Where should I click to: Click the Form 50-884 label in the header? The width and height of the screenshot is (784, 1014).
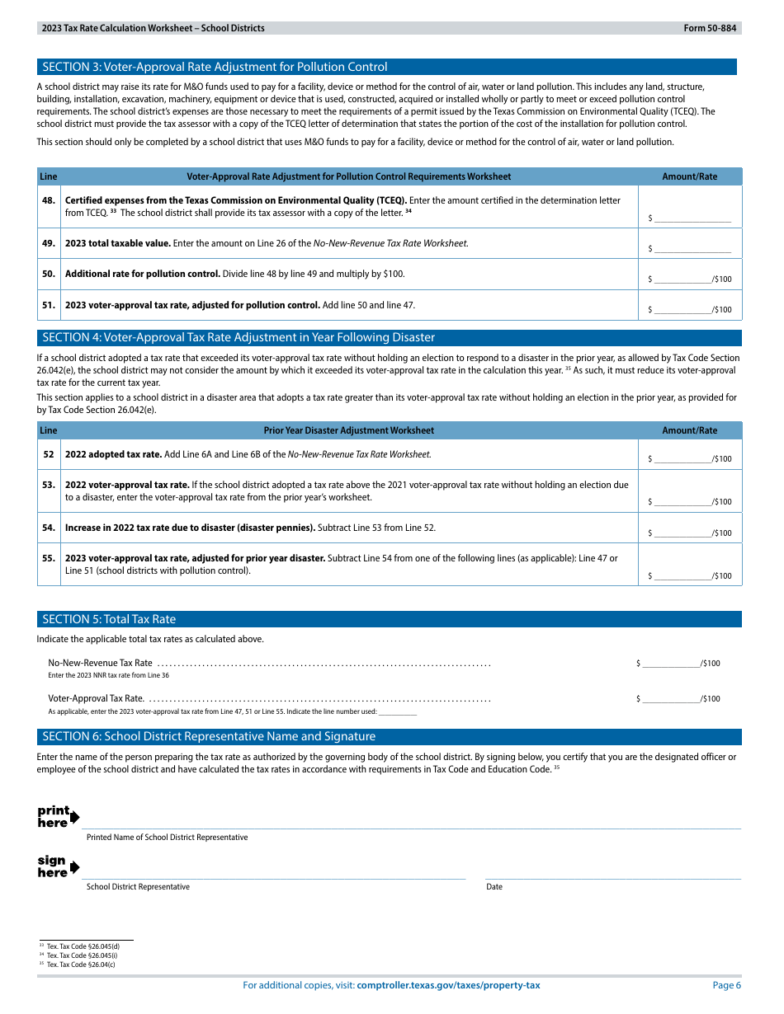coord(711,28)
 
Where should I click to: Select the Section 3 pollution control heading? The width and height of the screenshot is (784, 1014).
coord(215,68)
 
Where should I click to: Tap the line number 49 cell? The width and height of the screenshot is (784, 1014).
coord(49,243)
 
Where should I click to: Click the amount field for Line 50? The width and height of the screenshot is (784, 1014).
coord(682,278)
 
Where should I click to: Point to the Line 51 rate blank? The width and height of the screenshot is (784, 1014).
coord(682,309)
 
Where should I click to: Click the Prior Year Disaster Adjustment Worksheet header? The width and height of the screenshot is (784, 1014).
coord(348,430)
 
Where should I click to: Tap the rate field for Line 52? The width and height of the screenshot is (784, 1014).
coord(682,458)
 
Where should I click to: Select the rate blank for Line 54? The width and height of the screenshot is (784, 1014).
coord(682,533)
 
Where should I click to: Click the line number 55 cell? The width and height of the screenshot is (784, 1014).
coord(49,558)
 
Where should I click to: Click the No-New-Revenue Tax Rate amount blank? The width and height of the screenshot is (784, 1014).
coord(670,663)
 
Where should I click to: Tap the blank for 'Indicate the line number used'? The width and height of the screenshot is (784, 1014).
coord(398,712)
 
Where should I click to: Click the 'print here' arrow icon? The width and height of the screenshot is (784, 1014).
coord(75,817)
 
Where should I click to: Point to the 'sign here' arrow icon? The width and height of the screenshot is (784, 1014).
coord(75,867)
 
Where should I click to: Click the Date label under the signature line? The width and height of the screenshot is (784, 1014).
coord(494,887)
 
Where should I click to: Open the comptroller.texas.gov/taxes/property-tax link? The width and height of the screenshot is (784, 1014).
coord(448,985)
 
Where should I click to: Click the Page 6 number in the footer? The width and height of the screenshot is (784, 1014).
coord(726,985)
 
